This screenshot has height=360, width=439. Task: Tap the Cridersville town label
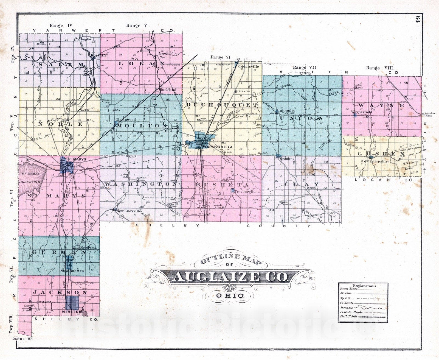point(249,66)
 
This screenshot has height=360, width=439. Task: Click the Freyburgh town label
point(243,192)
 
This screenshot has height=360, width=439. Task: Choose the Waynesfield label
point(362,112)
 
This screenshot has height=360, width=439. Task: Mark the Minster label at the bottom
point(72,312)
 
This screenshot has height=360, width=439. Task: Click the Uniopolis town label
point(286,111)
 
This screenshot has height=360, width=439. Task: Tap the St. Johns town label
point(286,158)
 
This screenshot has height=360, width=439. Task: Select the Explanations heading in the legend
point(364,286)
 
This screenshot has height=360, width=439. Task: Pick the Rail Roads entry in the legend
point(348,316)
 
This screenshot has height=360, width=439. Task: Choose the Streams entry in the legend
point(347,308)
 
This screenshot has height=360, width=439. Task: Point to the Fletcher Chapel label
point(429,115)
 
